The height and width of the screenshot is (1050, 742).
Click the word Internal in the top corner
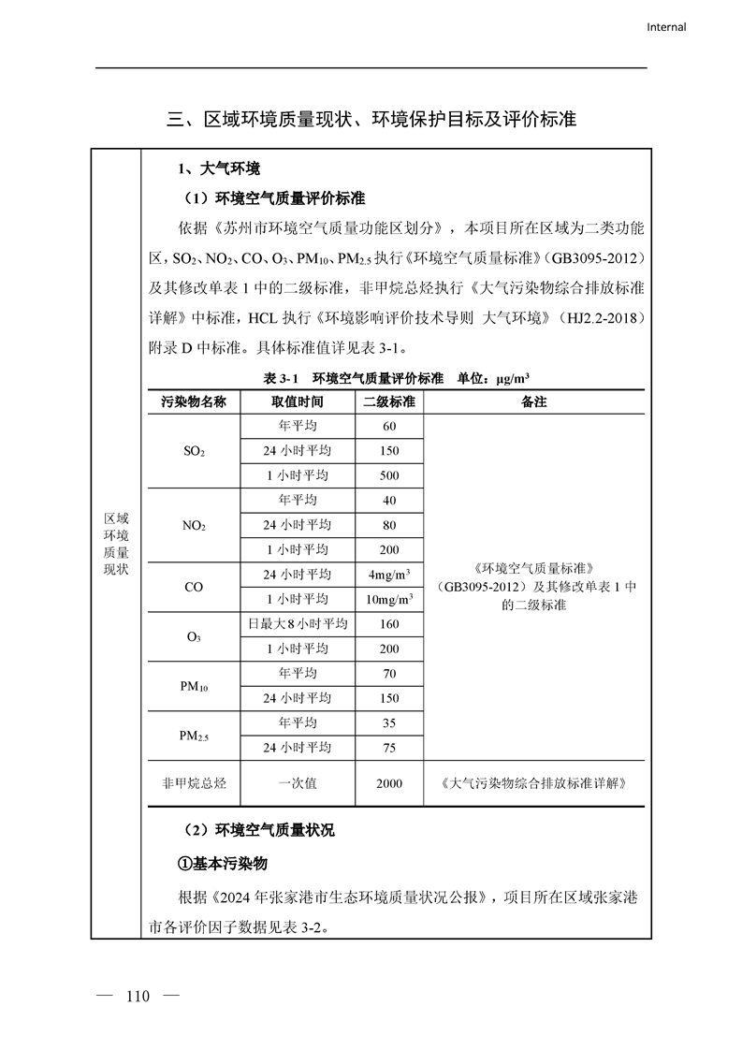point(666,27)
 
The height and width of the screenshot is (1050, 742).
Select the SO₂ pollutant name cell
point(194,451)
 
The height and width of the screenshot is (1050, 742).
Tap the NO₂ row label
point(194,525)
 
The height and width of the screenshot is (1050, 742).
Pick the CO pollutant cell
point(194,587)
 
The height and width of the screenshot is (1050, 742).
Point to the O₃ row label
point(194,636)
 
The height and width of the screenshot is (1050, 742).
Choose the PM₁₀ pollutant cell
point(194,686)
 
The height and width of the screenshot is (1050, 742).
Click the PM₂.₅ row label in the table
point(194,736)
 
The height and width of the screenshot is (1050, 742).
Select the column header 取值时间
point(298,401)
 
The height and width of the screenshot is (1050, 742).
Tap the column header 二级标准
point(389,401)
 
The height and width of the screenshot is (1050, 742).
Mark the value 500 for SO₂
point(389,475)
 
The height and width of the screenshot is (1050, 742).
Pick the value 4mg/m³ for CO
point(389,574)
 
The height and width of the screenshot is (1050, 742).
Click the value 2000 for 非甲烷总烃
point(389,783)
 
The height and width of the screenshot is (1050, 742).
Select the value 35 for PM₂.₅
point(389,723)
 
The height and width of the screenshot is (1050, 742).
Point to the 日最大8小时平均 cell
point(298,624)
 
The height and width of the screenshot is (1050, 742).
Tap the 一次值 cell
point(298,783)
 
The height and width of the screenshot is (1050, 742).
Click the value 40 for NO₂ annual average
point(389,501)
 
